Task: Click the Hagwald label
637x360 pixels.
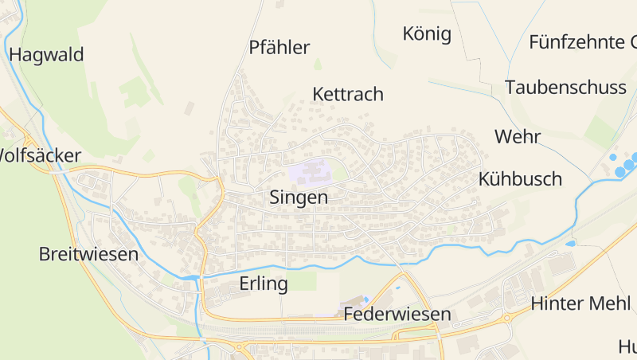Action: tap(46, 55)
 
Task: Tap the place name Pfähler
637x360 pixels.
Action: tap(279, 48)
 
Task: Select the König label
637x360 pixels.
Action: tap(427, 34)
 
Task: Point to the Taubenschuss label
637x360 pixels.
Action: tap(565, 88)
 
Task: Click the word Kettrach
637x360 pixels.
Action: tap(348, 94)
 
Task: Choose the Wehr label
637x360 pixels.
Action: tap(518, 136)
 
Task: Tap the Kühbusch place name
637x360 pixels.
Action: tap(521, 178)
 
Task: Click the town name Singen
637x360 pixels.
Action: tap(299, 198)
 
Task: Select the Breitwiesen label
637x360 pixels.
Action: tap(88, 255)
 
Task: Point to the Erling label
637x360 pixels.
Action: tap(263, 284)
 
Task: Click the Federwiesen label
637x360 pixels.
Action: tap(397, 315)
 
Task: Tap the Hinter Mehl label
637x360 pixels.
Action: tap(581, 303)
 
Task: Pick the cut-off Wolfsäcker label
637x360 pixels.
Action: tap(40, 155)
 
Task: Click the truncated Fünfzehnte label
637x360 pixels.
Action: tap(582, 42)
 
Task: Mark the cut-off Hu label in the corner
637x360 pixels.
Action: tap(627, 346)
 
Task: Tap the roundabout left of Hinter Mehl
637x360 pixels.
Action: tap(506, 318)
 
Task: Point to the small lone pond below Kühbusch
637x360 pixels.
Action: tap(571, 243)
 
